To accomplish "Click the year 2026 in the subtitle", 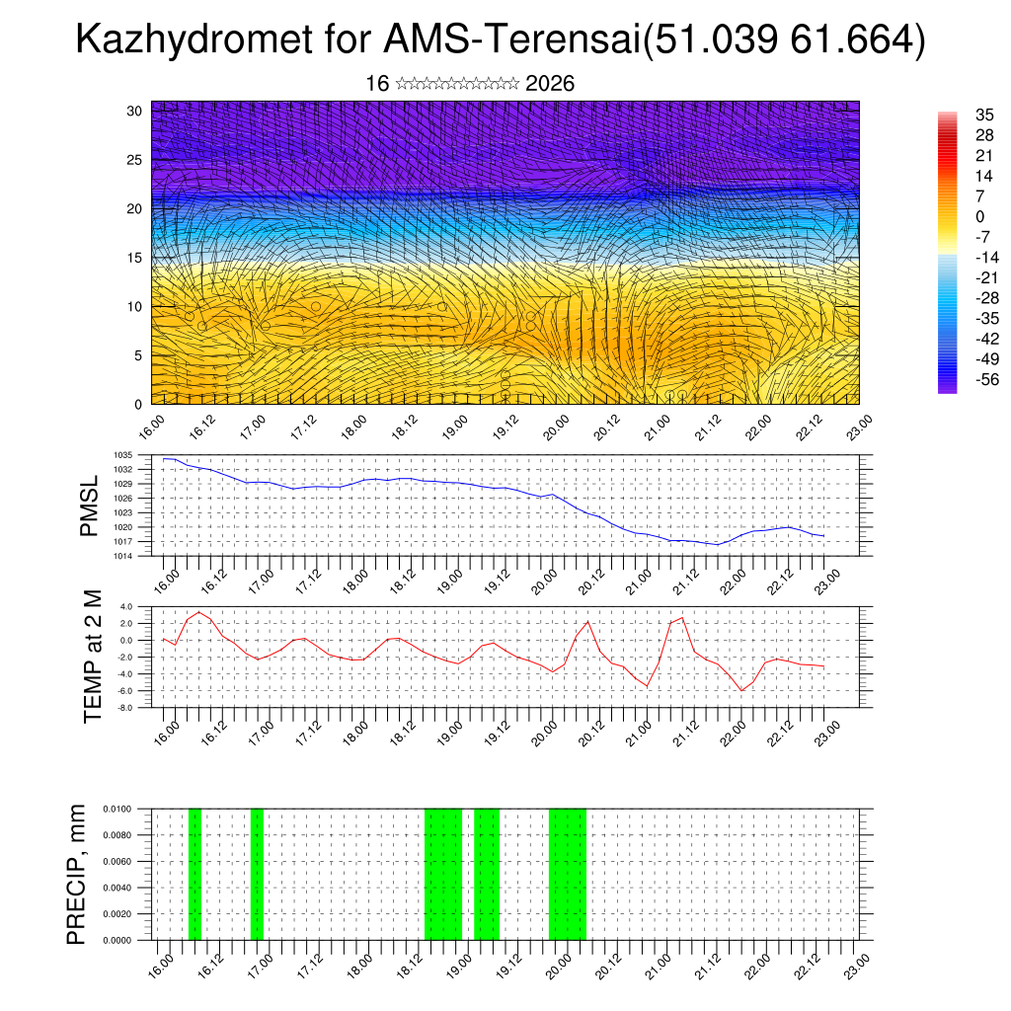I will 550,84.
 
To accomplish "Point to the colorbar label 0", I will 979,217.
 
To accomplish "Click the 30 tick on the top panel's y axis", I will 135,111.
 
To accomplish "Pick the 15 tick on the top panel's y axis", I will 135,258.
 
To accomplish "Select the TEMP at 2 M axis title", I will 93,657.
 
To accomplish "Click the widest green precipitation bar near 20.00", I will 567,874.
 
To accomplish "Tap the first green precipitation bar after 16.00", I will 194,874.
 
